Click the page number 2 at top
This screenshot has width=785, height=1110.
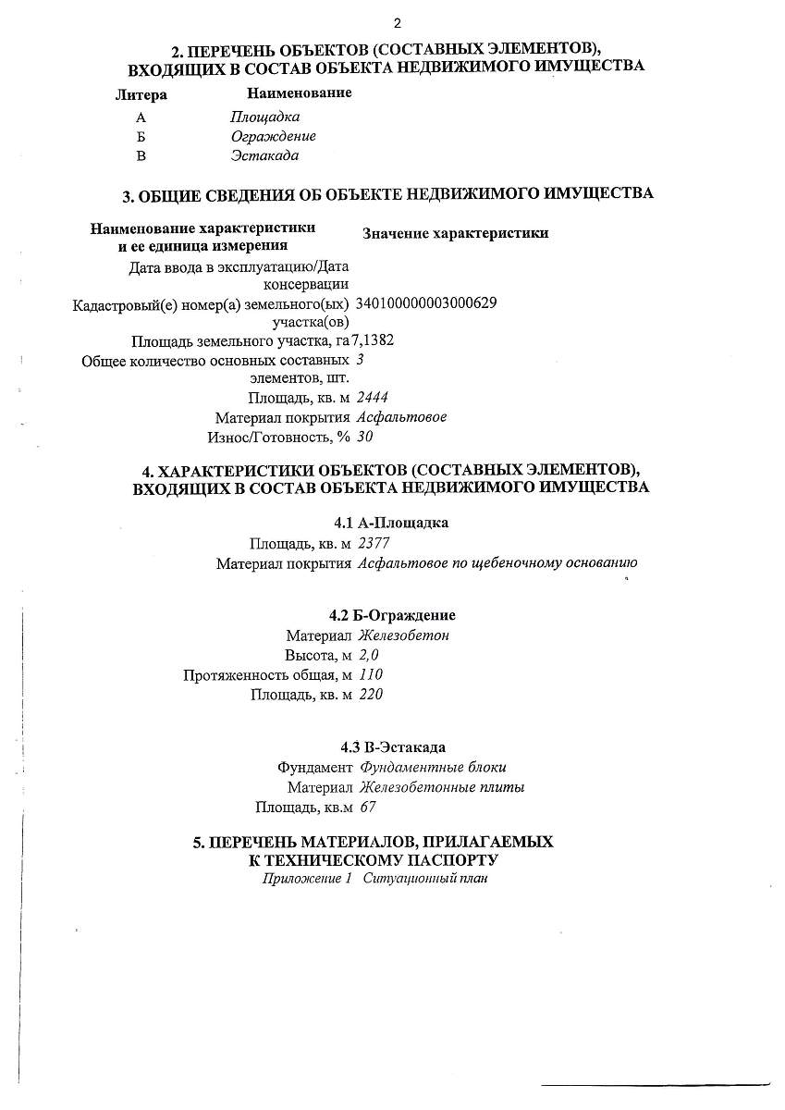click(x=397, y=23)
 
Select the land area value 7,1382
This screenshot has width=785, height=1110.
click(x=373, y=339)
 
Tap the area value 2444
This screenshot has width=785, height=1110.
click(x=372, y=398)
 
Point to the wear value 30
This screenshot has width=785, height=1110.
click(x=365, y=437)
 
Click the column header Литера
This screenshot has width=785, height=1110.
click(x=141, y=95)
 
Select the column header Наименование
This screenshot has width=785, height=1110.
click(x=300, y=93)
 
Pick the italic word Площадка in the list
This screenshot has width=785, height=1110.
click(x=264, y=117)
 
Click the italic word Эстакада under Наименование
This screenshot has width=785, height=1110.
click(x=264, y=155)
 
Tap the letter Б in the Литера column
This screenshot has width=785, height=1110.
click(x=141, y=137)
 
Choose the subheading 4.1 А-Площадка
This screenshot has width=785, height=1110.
click(x=391, y=523)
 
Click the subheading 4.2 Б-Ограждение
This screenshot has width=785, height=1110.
click(x=392, y=615)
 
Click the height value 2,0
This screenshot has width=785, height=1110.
click(x=369, y=655)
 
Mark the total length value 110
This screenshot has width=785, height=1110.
click(x=370, y=674)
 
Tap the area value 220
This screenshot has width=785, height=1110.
click(x=370, y=694)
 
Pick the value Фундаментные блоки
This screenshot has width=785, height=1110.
click(x=433, y=768)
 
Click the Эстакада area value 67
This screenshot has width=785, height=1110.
click(x=367, y=807)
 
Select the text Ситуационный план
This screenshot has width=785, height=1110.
click(x=424, y=879)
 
